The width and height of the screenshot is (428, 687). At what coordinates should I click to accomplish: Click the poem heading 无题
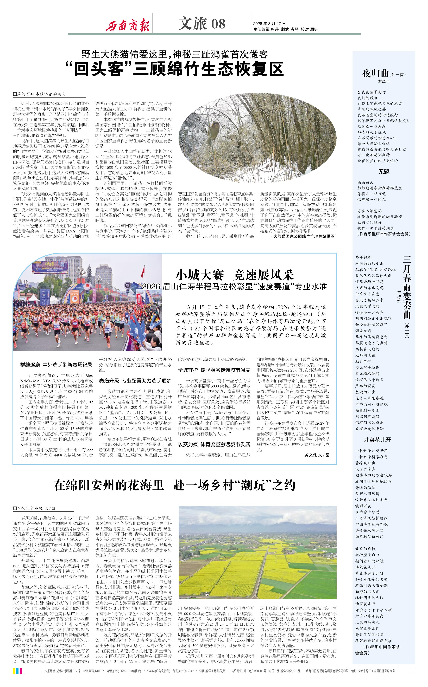(383, 172)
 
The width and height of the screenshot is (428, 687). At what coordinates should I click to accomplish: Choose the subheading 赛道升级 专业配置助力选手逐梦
(135, 381)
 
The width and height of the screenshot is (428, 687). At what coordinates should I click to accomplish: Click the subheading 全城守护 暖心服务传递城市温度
(214, 370)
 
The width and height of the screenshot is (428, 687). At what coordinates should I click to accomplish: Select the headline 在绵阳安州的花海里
(109, 485)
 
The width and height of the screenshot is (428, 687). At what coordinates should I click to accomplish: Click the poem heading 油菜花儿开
(377, 440)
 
